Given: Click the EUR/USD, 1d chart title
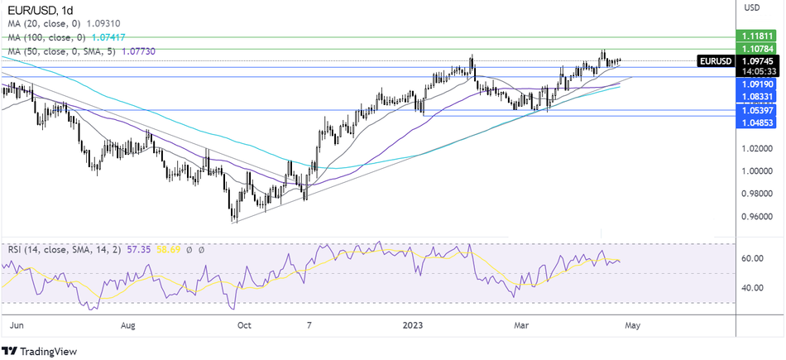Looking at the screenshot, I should click(x=38, y=9).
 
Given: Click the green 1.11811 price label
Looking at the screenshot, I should click(x=757, y=37).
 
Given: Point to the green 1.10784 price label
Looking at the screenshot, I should click(x=757, y=50).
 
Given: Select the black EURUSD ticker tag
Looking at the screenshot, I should click(x=715, y=61).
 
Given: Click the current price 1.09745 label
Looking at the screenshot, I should click(x=757, y=61).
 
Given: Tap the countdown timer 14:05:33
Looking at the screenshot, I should click(x=757, y=72).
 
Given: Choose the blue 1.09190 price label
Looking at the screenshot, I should click(x=757, y=84).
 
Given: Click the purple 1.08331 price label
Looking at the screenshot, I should click(x=757, y=97).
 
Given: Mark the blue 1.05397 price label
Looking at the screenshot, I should click(x=757, y=109).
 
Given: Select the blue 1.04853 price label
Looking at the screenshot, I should click(x=757, y=122).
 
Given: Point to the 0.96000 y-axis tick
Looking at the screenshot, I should click(x=757, y=217).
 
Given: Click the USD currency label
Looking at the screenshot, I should click(x=752, y=8).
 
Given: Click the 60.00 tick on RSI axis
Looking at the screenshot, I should click(x=752, y=258).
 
